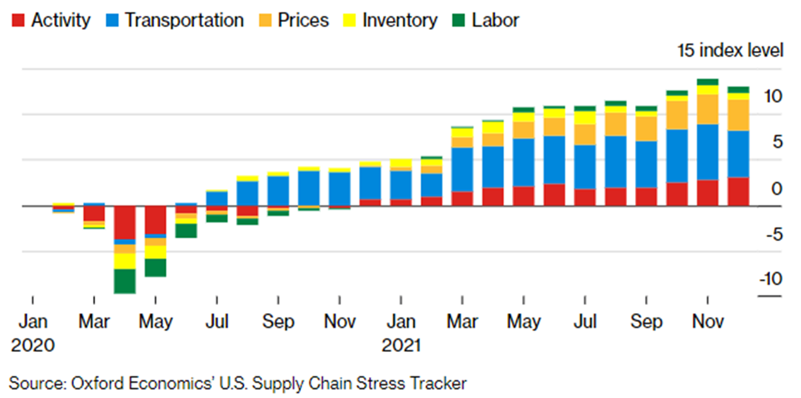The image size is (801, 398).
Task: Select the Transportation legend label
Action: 184,20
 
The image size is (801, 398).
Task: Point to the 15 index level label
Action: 730,50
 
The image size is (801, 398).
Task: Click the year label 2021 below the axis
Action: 401,345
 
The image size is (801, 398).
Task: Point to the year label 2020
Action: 32,345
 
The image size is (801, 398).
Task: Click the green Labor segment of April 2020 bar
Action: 125,281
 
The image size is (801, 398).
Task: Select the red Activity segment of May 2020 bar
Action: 156,220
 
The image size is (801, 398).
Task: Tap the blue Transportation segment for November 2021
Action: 708,152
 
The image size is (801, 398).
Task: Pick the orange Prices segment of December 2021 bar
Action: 739,115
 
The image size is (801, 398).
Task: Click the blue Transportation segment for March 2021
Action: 462,169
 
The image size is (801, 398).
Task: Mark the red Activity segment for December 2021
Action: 739,191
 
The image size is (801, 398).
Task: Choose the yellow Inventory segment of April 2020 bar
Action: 125,261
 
